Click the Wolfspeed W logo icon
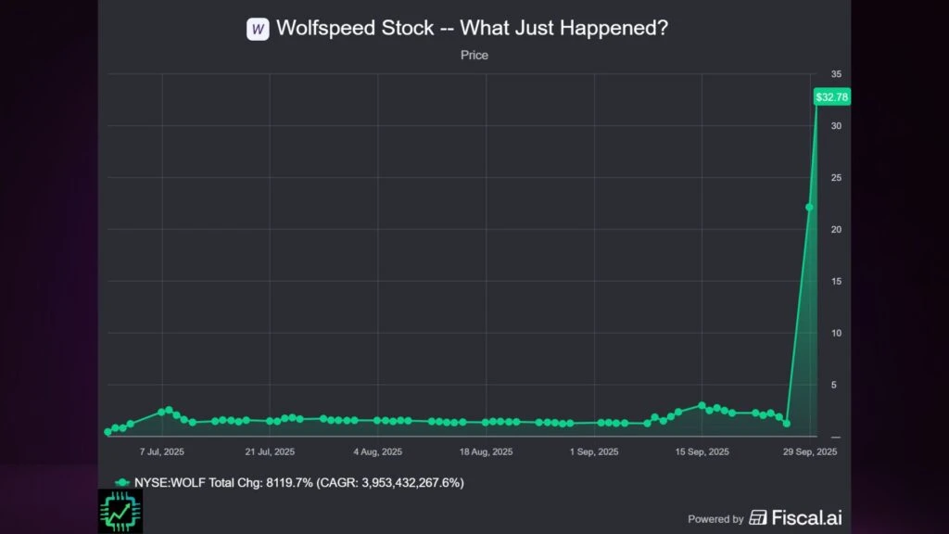258,29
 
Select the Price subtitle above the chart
474,56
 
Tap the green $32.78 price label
831,96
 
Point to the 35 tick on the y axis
836,74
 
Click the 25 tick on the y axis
836,178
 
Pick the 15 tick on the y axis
836,282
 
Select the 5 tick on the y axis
836,385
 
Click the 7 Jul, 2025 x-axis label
163,452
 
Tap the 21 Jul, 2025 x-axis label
271,452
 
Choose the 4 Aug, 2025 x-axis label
378,452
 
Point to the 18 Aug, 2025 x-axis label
487,452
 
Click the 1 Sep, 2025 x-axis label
594,452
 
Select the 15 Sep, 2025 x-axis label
702,452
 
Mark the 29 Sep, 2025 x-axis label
811,452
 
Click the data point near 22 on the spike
809,208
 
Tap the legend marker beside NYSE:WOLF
121,483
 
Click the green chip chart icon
119,511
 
